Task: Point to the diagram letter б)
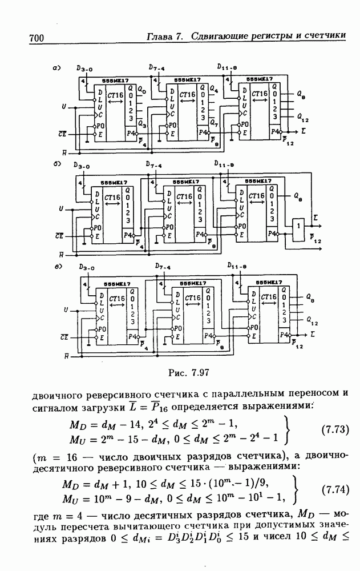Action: [56, 164]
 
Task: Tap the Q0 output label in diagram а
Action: [141, 91]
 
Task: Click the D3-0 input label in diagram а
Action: [84, 69]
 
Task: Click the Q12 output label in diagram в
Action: [312, 321]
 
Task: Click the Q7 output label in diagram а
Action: [214, 124]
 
